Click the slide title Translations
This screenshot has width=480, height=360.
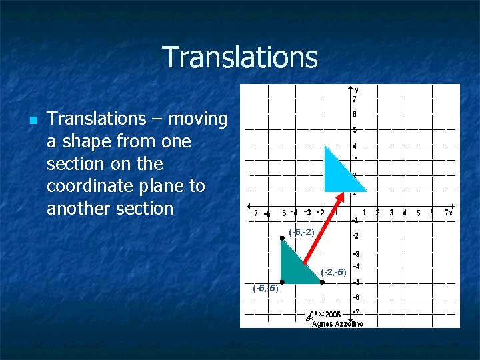click(239, 57)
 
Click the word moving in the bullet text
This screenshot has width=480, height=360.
click(199, 119)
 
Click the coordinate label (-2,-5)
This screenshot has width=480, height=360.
click(333, 272)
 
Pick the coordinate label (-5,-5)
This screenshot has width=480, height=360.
click(265, 288)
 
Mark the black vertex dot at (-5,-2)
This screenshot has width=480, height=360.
click(282, 238)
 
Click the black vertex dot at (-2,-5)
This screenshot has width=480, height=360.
click(322, 282)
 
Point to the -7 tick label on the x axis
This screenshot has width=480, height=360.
click(254, 213)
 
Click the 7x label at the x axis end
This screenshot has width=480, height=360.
click(449, 213)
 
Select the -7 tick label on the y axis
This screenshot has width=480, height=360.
click(356, 311)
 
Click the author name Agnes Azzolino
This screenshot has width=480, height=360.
click(337, 323)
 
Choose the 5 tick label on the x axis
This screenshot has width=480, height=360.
click(418, 213)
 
